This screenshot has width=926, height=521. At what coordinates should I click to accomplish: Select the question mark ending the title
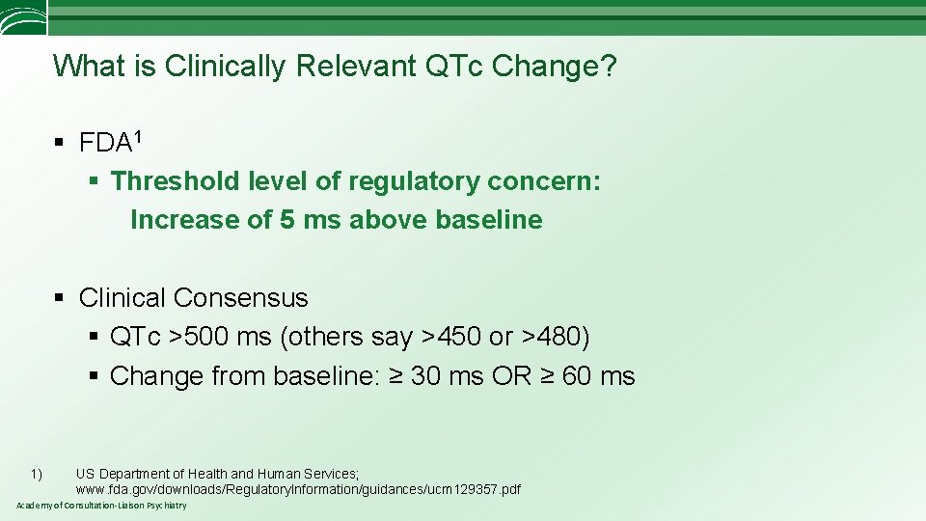pos(609,67)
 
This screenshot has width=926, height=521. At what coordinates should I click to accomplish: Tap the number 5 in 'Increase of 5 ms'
pos(287,220)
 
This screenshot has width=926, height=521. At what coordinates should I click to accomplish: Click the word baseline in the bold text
pos(489,220)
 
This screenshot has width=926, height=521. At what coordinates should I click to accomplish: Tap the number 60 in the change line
pos(577,376)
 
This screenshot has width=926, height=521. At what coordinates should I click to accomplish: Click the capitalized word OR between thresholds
pos(511,376)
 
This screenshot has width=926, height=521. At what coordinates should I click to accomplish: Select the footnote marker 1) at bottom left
pos(36,474)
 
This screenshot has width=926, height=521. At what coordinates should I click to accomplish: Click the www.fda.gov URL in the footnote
pos(298,489)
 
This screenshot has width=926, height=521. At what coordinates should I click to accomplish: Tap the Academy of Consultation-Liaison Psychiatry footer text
pos(101,506)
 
